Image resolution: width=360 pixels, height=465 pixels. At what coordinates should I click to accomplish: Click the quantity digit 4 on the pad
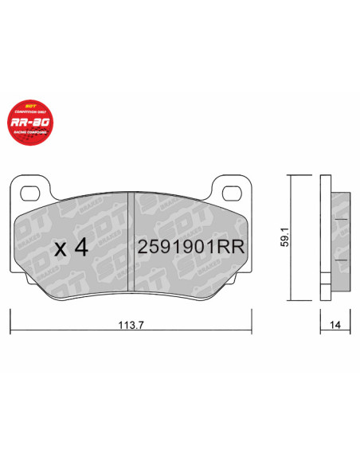pyautogui.click(x=80, y=248)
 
